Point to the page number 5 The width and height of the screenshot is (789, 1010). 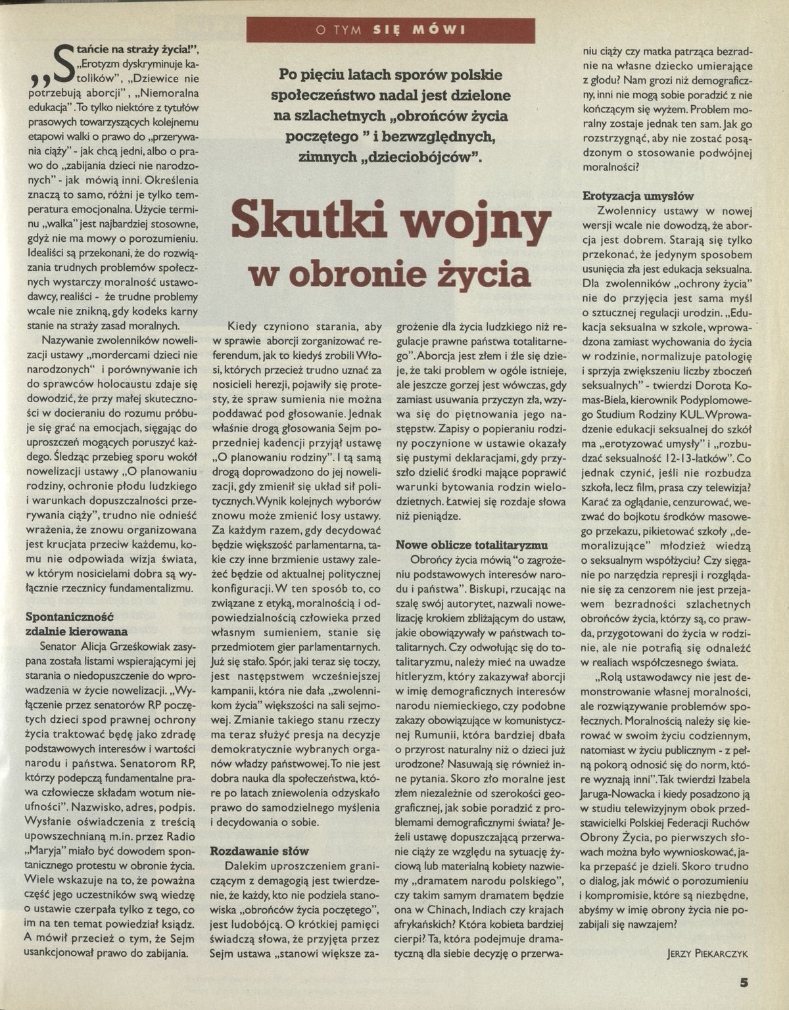[x=744, y=983]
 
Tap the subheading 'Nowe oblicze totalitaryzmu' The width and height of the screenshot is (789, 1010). [x=471, y=545]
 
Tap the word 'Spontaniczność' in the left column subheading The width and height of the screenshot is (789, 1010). [x=69, y=617]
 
